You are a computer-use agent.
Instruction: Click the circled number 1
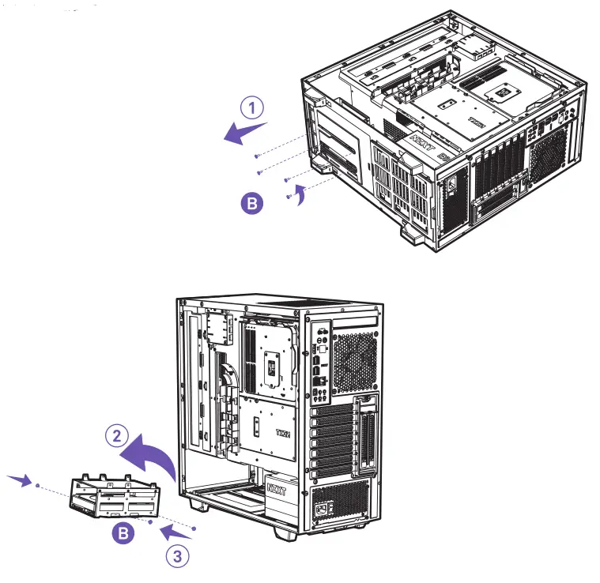[252, 108]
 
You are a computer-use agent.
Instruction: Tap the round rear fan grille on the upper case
[547, 150]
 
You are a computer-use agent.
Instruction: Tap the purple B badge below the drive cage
[122, 534]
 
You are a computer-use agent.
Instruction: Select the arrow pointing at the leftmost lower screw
[20, 480]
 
